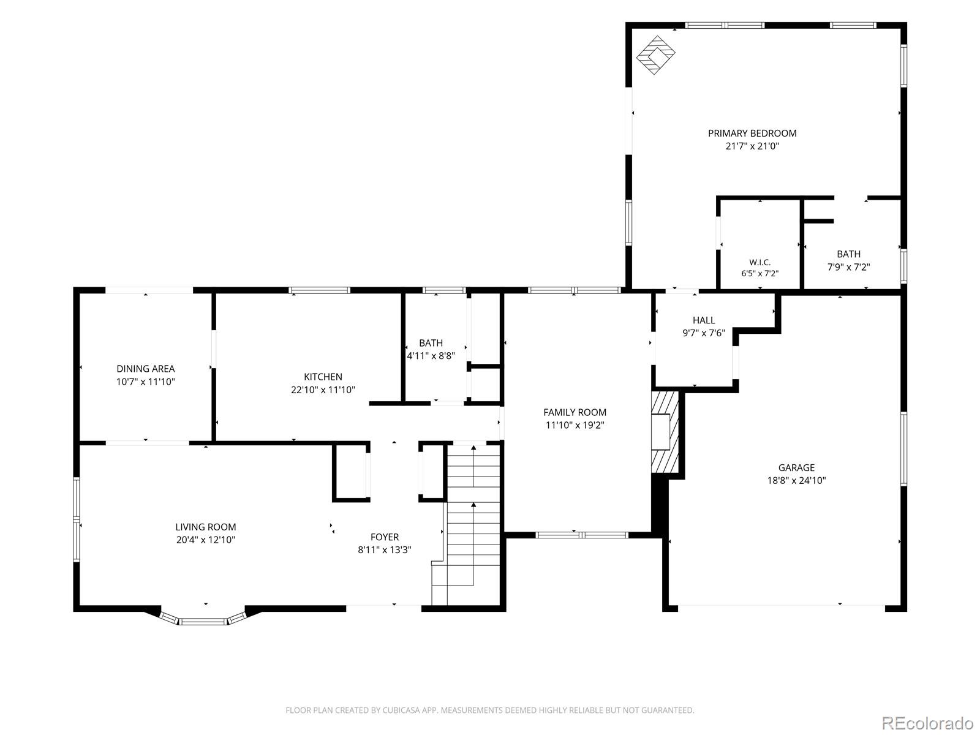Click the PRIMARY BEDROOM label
tap(752, 133)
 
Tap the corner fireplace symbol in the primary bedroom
tap(655, 55)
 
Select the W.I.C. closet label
tap(760, 262)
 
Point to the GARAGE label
tap(796, 467)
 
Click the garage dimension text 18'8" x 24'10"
tap(796, 480)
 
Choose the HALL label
tap(704, 320)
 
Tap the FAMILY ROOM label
tap(575, 412)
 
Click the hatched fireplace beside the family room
tap(665, 432)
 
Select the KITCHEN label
tap(323, 377)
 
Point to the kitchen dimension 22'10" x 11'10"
tap(323, 390)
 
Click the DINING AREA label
tap(146, 369)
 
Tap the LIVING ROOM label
tap(205, 527)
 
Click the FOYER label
tap(385, 537)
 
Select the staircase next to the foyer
tap(467, 524)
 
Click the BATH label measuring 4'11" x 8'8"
tap(431, 343)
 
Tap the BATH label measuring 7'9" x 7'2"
tap(848, 254)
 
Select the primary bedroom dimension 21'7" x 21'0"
tap(752, 146)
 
